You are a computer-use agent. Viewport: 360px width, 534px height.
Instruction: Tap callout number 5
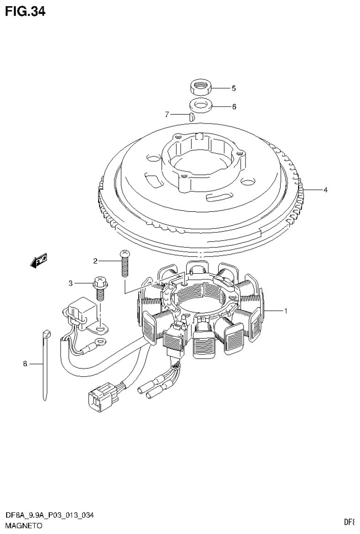point(233,88)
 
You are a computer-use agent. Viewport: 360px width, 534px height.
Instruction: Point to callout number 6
point(234,107)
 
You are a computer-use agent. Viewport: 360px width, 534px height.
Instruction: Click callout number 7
point(167,114)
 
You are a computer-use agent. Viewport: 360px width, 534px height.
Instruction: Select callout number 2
point(95,261)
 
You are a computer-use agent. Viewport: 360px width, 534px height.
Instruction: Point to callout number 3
point(71,283)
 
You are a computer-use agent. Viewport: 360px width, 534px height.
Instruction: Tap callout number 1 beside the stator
point(284,310)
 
